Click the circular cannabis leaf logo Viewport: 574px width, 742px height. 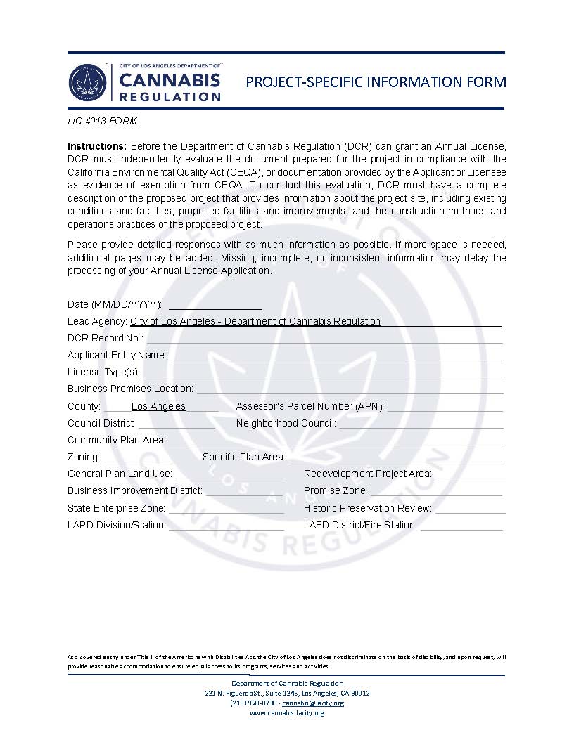87,82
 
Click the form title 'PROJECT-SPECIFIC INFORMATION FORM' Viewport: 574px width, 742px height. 376,82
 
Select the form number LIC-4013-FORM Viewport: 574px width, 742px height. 102,121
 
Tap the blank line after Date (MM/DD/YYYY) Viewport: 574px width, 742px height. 215,305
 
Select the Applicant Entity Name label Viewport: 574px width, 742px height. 117,356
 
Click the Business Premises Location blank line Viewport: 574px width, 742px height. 350,389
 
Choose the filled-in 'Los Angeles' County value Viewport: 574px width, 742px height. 158,407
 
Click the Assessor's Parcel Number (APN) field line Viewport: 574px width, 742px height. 445,407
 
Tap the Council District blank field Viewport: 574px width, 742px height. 177,424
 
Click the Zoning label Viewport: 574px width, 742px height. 83,457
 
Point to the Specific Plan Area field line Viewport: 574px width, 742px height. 395,457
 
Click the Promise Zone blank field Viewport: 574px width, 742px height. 437,491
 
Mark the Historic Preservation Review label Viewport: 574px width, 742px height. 368,508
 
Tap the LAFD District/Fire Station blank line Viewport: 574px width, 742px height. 461,525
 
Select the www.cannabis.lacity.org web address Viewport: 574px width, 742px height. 287,713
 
